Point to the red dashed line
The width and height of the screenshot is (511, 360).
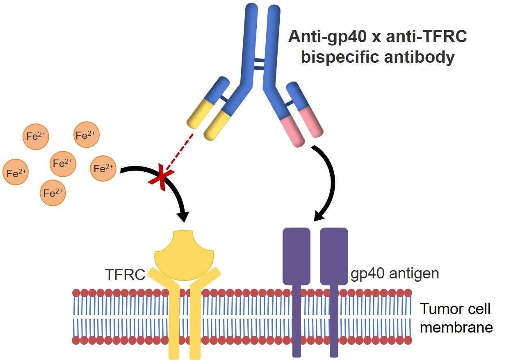(179, 151)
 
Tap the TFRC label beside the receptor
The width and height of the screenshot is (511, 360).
(125, 274)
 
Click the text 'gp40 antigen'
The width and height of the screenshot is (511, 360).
(395, 273)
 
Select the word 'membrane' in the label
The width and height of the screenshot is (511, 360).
(456, 328)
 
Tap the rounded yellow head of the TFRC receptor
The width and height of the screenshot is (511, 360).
(184, 256)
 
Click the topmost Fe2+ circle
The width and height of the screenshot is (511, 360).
(87, 134)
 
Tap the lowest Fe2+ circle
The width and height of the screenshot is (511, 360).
(53, 192)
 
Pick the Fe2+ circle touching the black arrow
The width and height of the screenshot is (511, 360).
(103, 168)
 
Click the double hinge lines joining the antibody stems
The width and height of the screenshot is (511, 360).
(259, 63)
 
